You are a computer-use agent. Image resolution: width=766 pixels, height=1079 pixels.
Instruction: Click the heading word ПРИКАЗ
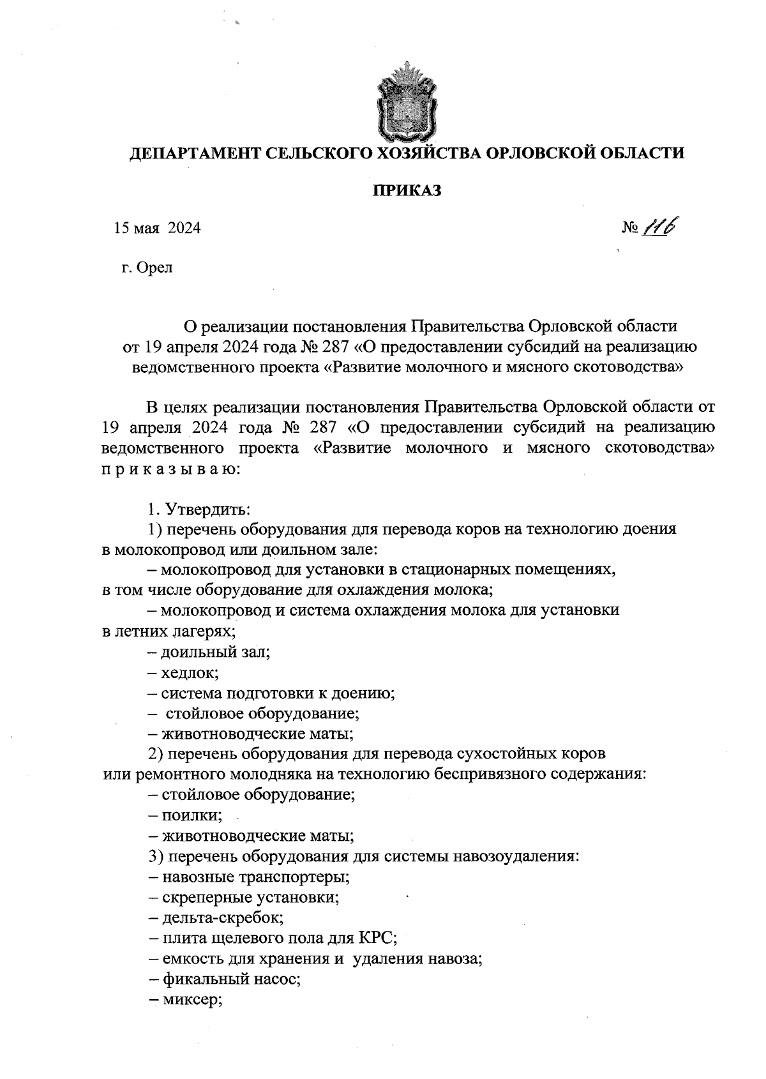click(x=407, y=191)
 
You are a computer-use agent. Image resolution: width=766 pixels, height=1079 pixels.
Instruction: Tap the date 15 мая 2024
click(x=157, y=229)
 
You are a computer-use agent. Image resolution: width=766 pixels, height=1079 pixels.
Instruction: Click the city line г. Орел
click(x=146, y=268)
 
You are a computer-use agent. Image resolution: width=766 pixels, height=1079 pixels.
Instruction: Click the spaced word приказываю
click(x=170, y=469)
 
